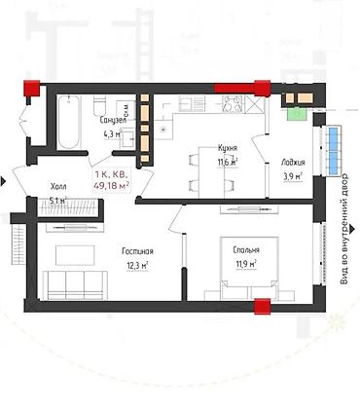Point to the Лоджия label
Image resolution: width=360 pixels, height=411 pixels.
coord(293,163)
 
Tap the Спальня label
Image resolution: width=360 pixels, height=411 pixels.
coord(245,249)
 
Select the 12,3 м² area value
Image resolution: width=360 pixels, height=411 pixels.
coord(137,265)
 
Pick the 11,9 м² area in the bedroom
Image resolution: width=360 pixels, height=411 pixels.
coord(245,262)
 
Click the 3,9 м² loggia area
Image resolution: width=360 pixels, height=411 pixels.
coord(293,176)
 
